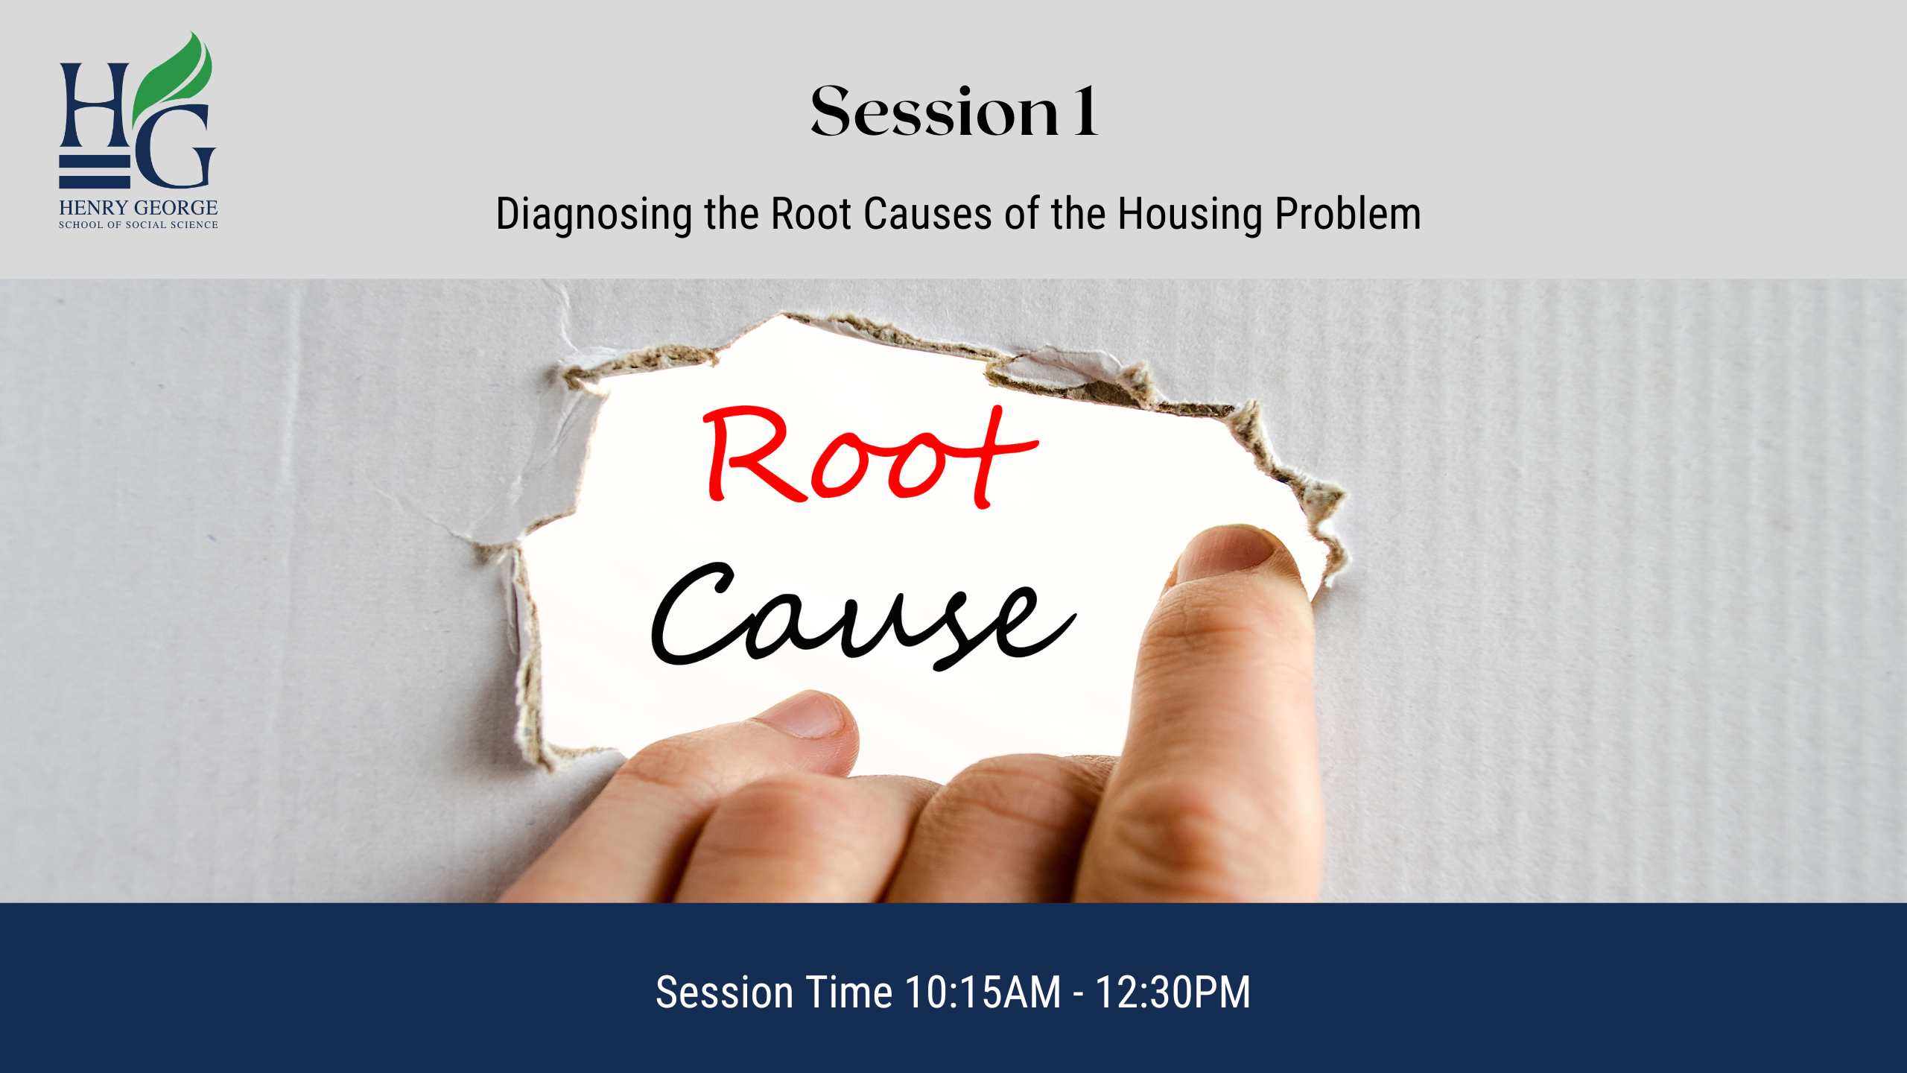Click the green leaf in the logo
tap(173, 82)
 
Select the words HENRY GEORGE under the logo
tap(139, 207)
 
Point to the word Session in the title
tap(935, 111)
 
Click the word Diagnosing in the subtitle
tap(594, 215)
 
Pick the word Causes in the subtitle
tap(927, 214)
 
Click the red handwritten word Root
tap(869, 456)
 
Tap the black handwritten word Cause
tap(864, 615)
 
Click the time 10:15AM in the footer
tap(983, 993)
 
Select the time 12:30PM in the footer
tap(1173, 993)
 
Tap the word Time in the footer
tap(849, 993)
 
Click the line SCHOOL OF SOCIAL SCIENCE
tap(139, 224)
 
